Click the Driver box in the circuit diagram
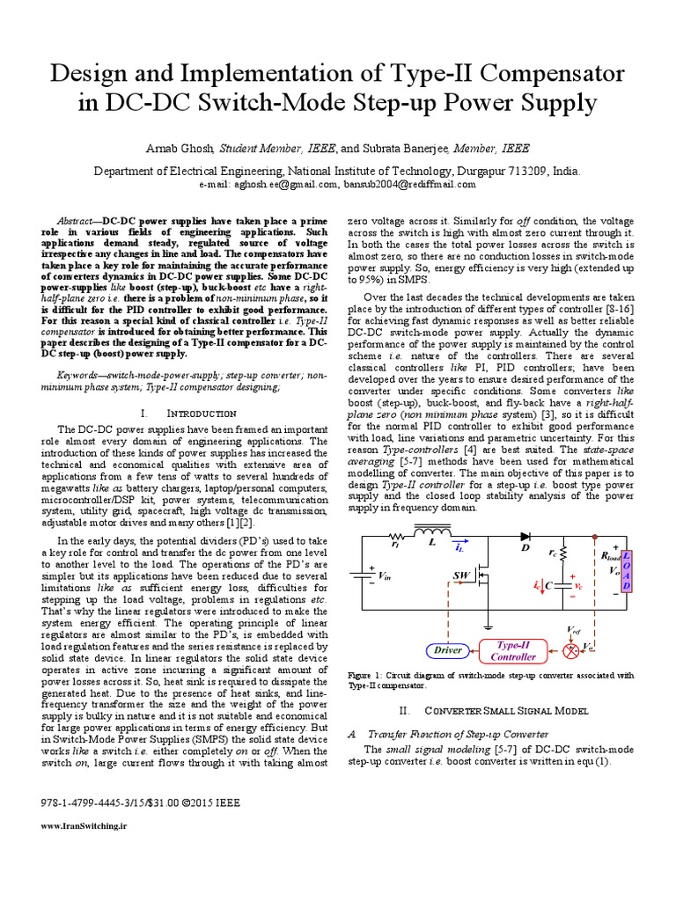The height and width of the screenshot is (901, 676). [448, 650]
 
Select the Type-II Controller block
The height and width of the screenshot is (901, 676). [513, 650]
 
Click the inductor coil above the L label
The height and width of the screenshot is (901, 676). [433, 532]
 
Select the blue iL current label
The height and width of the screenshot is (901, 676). [461, 547]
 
